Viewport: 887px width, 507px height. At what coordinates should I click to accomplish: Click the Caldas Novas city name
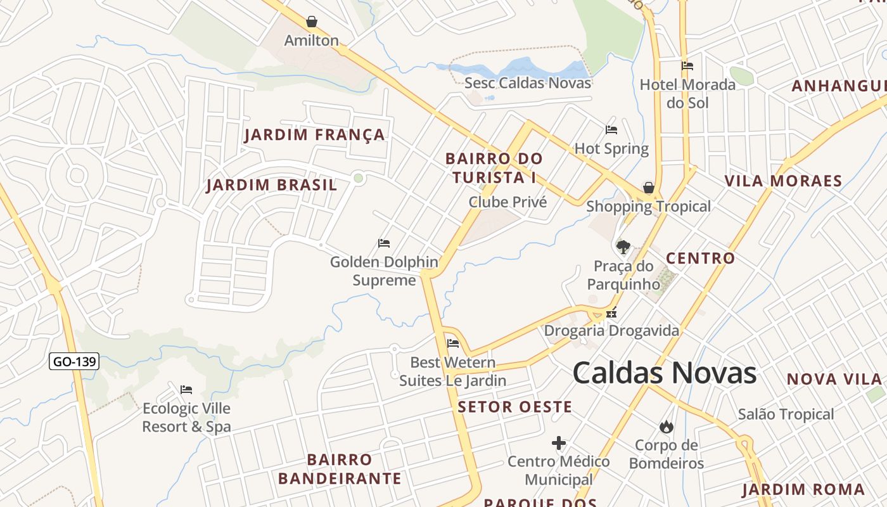pyautogui.click(x=665, y=373)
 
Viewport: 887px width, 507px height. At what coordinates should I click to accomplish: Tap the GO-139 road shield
pyautogui.click(x=74, y=362)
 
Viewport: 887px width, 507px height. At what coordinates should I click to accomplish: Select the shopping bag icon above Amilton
pyautogui.click(x=312, y=22)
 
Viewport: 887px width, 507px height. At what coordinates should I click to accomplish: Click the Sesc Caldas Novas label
pyautogui.click(x=527, y=83)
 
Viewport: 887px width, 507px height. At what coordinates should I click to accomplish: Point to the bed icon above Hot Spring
pyautogui.click(x=611, y=130)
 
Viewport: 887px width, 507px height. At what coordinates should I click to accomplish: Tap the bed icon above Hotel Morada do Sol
pyautogui.click(x=687, y=66)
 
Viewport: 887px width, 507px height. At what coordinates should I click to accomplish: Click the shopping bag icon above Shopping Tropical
pyautogui.click(x=649, y=188)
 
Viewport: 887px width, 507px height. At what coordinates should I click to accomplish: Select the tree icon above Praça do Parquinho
pyautogui.click(x=623, y=247)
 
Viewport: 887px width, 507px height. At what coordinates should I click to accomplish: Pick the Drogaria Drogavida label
pyautogui.click(x=611, y=331)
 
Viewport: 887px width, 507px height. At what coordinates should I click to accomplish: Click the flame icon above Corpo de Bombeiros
pyautogui.click(x=667, y=427)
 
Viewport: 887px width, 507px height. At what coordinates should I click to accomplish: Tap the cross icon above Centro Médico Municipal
pyautogui.click(x=559, y=443)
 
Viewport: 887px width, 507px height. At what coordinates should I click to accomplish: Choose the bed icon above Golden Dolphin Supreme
pyautogui.click(x=384, y=243)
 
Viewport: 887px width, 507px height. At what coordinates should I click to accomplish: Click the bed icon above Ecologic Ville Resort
pyautogui.click(x=186, y=390)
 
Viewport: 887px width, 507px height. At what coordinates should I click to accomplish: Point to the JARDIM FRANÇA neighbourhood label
pyautogui.click(x=315, y=135)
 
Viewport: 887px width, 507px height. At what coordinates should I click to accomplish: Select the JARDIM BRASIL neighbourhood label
pyautogui.click(x=272, y=186)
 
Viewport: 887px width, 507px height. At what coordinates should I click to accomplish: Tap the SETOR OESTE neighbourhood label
pyautogui.click(x=514, y=407)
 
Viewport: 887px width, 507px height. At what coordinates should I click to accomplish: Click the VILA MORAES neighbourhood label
pyautogui.click(x=783, y=181)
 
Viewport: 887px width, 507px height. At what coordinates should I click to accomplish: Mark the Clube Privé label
pyautogui.click(x=507, y=202)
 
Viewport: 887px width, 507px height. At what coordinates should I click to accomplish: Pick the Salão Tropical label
pyautogui.click(x=786, y=414)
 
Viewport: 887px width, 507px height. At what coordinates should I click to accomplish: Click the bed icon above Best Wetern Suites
pyautogui.click(x=453, y=344)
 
